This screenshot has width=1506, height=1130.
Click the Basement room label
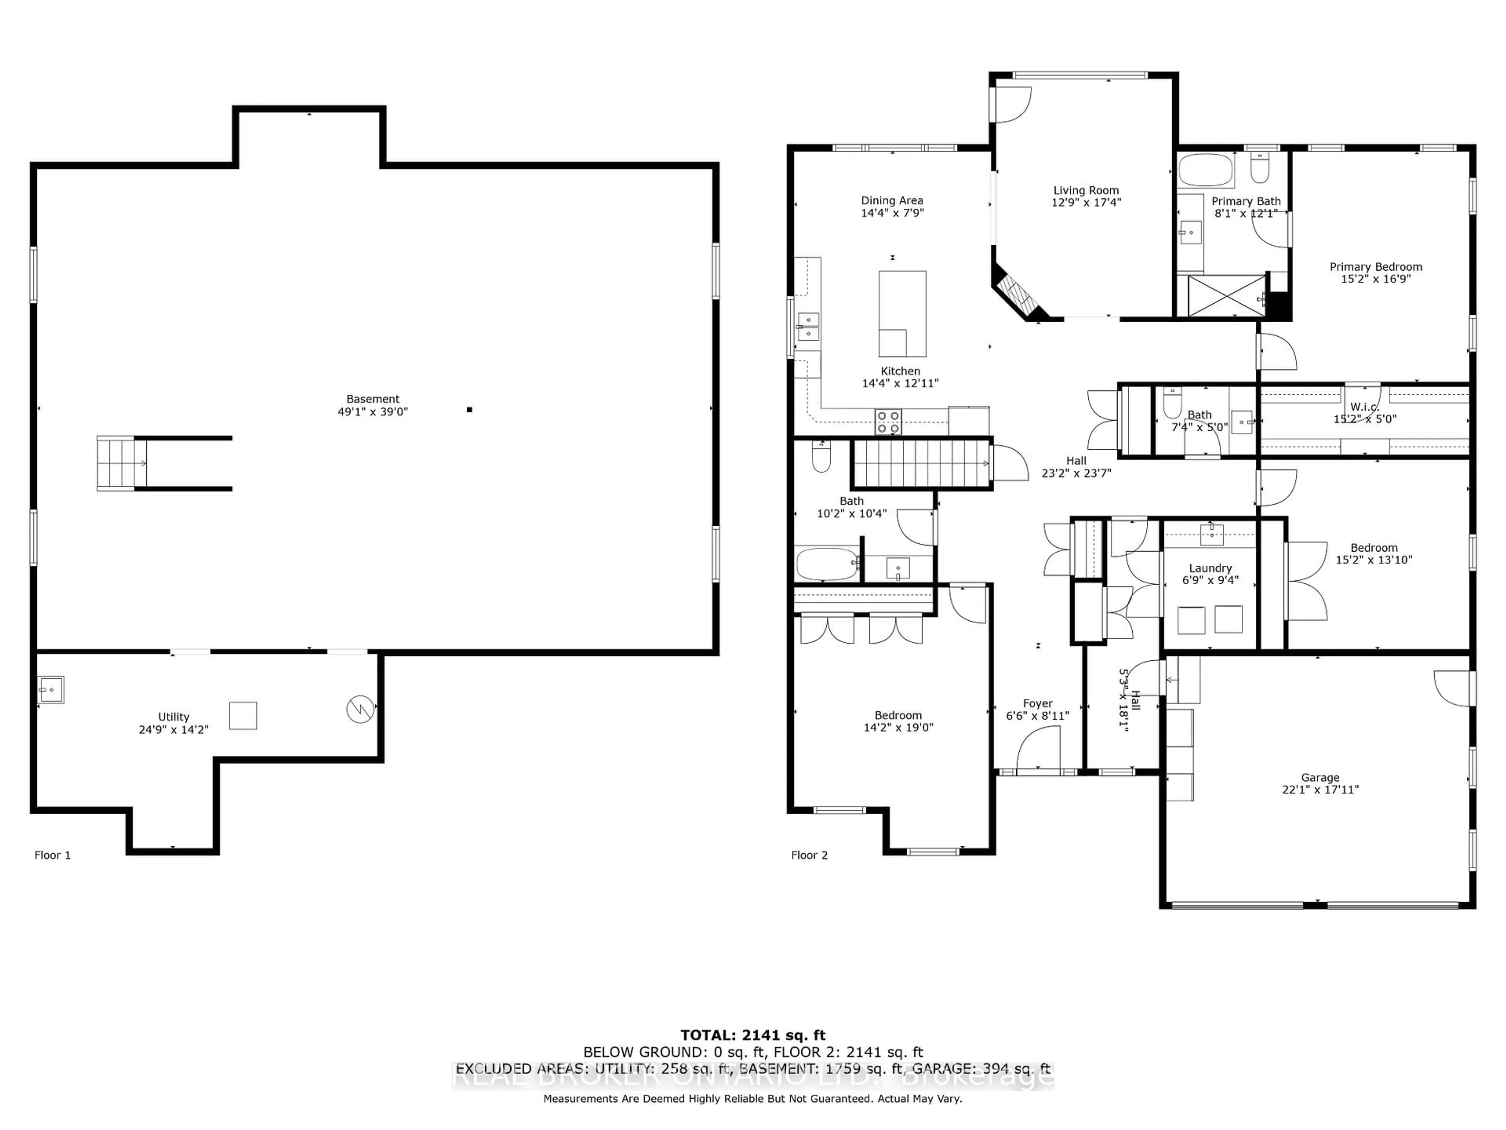coord(373,399)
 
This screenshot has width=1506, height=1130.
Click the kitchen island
coord(902,313)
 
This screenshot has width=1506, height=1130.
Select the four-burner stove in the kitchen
coord(888,422)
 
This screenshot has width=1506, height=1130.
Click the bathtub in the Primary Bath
coord(1206,169)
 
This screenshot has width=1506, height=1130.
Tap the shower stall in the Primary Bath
coord(1226,295)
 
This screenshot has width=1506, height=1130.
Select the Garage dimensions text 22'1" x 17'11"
coord(1320,789)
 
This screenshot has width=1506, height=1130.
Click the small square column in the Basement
coord(469,409)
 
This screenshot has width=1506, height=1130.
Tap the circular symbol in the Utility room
coord(360,709)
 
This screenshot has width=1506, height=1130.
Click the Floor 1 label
coord(53,855)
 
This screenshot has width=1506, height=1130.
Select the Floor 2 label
coord(809,855)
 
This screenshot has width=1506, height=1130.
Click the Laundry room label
coord(1210,568)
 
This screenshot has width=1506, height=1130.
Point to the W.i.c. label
coord(1364,406)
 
